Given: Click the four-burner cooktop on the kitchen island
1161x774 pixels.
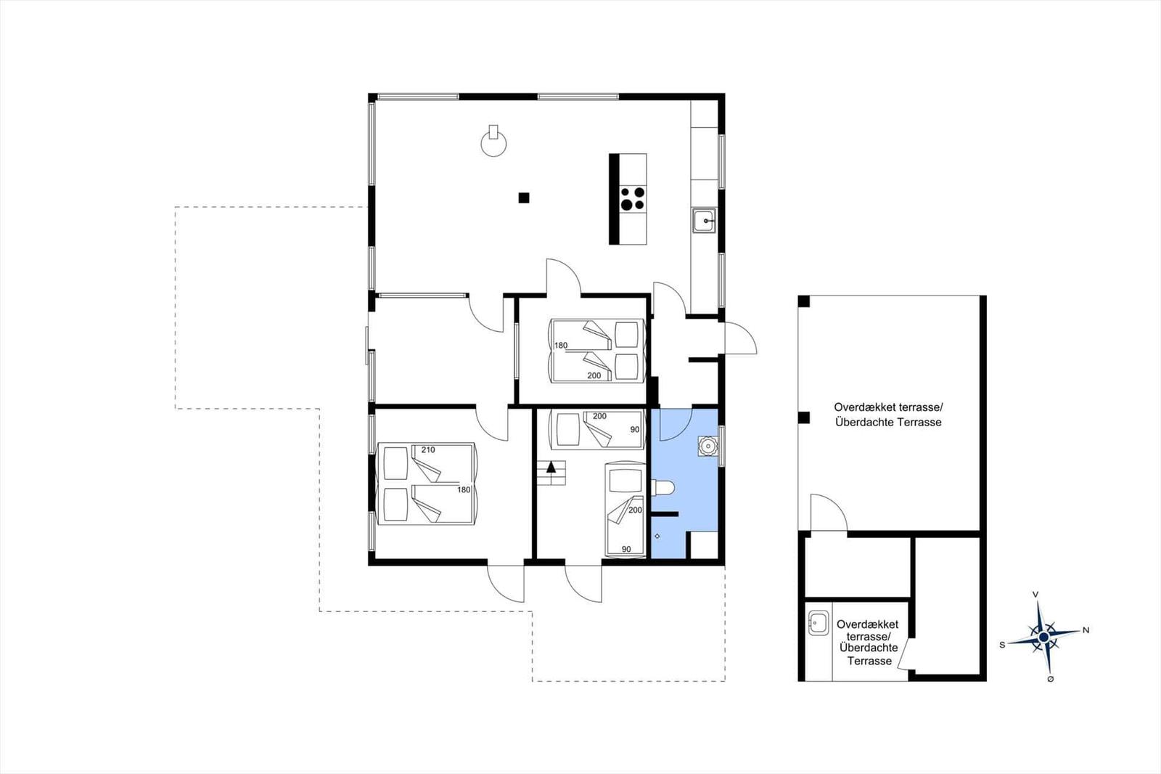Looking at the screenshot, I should click(632, 199).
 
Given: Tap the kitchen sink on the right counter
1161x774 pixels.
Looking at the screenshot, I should click(703, 220).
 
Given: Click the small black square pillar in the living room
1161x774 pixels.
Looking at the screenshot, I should click(523, 197).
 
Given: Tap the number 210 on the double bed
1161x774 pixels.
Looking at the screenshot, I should click(427, 450).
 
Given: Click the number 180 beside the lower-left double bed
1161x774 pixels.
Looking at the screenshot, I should click(464, 490).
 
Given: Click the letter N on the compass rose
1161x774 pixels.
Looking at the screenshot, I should click(1086, 630).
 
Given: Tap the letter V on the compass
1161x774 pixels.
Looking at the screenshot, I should click(1035, 595).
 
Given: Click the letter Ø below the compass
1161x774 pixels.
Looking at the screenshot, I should click(1050, 679).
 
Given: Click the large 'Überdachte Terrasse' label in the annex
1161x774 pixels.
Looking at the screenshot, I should click(888, 423).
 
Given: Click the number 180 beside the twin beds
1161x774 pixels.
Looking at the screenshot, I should click(561, 346).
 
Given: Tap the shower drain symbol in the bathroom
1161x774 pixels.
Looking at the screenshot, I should click(657, 536).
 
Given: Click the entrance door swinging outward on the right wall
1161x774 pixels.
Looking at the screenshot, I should click(740, 338).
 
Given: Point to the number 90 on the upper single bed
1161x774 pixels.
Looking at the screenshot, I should click(635, 430).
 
